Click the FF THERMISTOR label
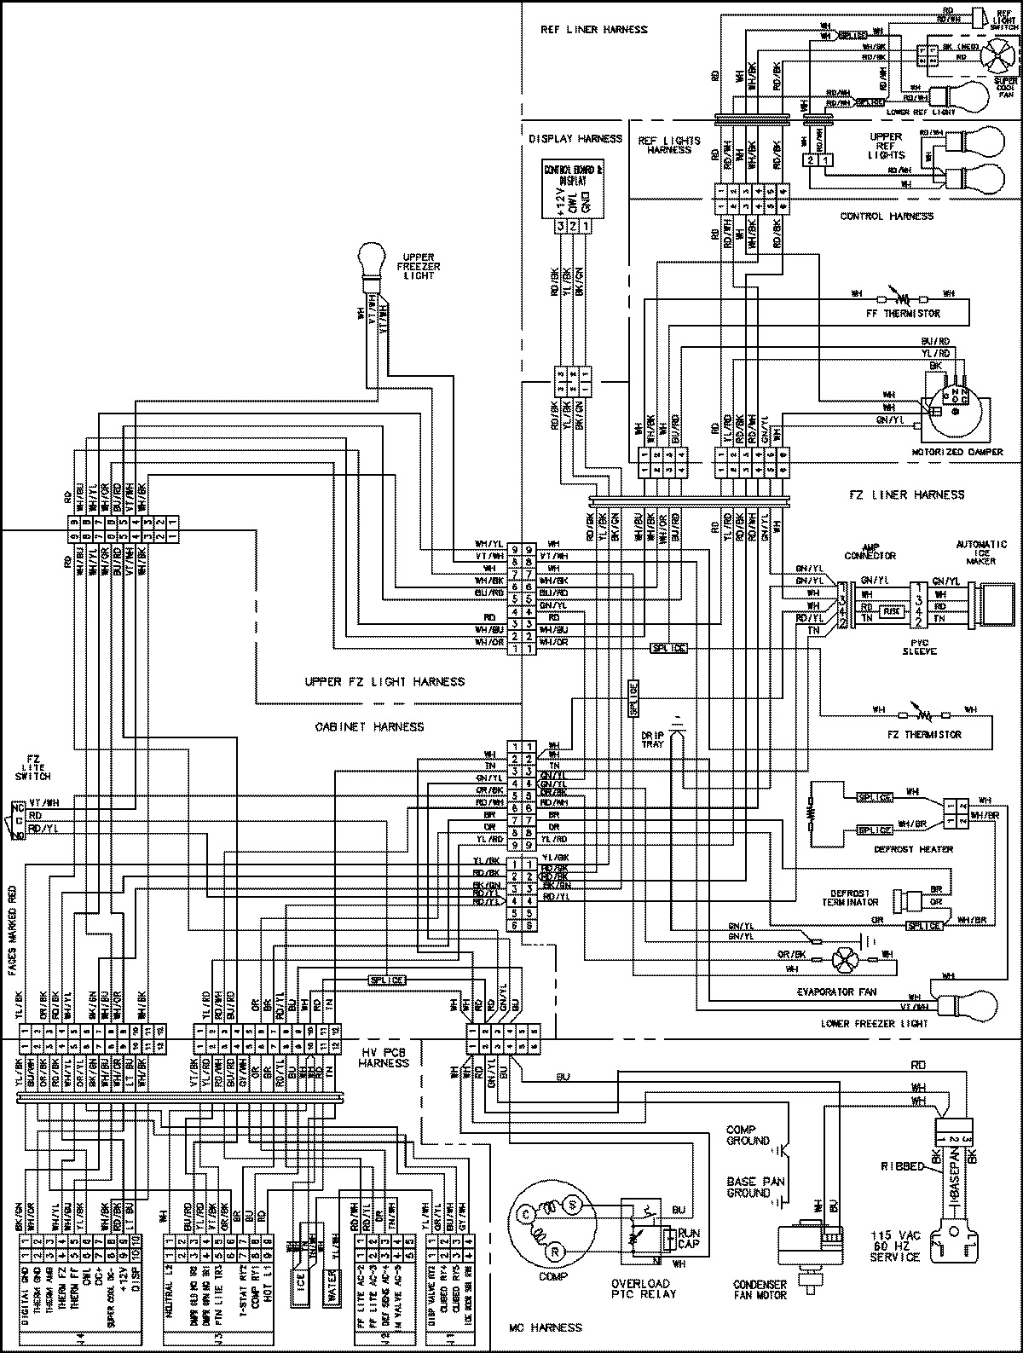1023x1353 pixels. pyautogui.click(x=910, y=314)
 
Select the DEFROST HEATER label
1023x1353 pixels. pyautogui.click(x=912, y=849)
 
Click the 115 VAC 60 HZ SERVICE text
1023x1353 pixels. pyautogui.click(x=894, y=1246)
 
